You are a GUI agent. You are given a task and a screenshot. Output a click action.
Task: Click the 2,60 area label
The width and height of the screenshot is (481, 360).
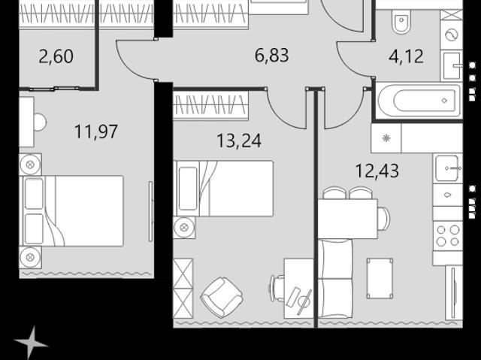pyautogui.click(x=56, y=56)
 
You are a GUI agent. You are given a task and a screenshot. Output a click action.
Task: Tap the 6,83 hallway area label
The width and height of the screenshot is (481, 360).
pyautogui.click(x=272, y=56)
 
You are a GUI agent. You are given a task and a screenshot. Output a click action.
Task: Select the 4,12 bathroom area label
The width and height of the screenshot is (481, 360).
pyautogui.click(x=406, y=56)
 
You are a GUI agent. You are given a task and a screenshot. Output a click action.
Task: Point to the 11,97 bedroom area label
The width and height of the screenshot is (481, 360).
pyautogui.click(x=96, y=132)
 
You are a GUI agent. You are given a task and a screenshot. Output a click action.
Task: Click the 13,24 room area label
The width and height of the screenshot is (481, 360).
pyautogui.click(x=239, y=141)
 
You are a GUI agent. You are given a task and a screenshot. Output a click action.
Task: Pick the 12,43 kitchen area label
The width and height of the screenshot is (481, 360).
pyautogui.click(x=377, y=171)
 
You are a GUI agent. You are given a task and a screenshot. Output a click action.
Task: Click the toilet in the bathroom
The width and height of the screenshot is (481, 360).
pyautogui.click(x=401, y=21)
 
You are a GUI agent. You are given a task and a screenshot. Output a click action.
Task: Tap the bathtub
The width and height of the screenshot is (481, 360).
pyautogui.click(x=419, y=100)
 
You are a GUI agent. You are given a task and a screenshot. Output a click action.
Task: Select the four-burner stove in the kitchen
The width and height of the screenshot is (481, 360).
pyautogui.click(x=448, y=236)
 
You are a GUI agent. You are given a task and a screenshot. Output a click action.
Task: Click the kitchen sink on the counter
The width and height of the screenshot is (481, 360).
pyautogui.click(x=448, y=168)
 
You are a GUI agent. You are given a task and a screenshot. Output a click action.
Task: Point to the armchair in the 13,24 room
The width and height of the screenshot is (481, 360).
pyautogui.click(x=222, y=297)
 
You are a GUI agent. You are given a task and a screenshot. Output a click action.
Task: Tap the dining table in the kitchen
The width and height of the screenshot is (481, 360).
pyautogui.click(x=347, y=219)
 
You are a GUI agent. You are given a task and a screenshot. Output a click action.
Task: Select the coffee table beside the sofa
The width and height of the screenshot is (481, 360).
pyautogui.click(x=380, y=278)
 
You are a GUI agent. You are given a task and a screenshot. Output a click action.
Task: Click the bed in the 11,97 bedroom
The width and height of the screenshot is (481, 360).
pyautogui.click(x=71, y=211)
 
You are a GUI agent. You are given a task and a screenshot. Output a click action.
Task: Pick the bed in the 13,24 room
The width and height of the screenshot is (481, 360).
pyautogui.click(x=224, y=189)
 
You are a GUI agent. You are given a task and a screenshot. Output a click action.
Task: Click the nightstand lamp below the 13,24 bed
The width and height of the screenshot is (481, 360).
pyautogui.click(x=184, y=228)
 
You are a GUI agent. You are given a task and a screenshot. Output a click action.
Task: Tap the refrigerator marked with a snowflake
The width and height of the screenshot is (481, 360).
pyautogui.click(x=386, y=138)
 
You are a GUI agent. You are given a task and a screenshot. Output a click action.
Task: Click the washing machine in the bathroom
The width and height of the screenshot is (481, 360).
pyautogui.click(x=451, y=35)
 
